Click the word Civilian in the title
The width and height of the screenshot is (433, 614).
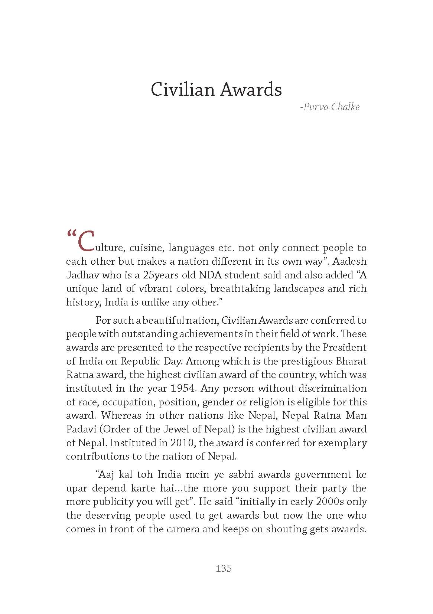182,90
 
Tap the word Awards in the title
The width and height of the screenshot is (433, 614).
250,90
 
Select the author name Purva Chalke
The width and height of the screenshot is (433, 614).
331,107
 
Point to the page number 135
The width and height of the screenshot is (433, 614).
224,568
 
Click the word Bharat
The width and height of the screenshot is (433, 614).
351,361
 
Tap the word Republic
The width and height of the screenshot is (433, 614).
137,361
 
